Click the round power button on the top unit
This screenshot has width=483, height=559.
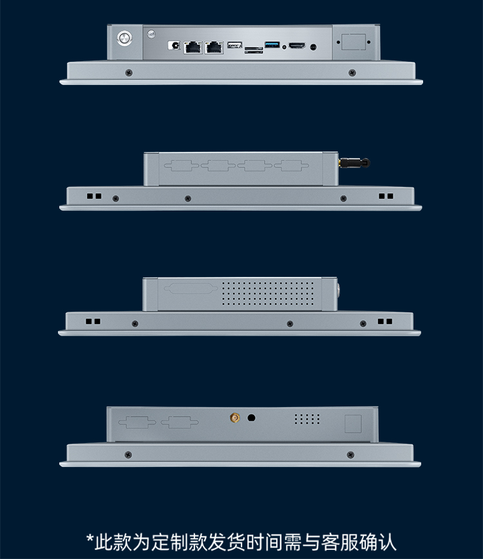point(124,38)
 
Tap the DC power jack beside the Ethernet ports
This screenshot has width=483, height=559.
point(175,45)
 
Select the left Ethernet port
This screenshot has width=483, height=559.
point(193,47)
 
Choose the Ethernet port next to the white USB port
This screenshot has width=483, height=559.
point(214,47)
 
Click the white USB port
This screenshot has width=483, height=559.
point(234,45)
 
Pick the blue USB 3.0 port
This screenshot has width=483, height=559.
point(272,44)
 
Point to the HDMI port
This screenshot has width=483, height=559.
point(297,45)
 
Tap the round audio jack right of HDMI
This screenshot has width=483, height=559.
point(313,47)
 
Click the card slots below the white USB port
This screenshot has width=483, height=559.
point(254,50)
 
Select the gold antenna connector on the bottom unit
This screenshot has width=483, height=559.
point(234,417)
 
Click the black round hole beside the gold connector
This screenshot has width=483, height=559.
point(251,417)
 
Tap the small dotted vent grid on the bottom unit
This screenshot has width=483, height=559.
point(307,419)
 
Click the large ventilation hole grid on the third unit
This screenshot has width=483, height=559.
point(268,294)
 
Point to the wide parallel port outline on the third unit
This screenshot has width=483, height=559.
point(191,289)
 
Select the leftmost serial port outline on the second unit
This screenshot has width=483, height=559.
point(182,166)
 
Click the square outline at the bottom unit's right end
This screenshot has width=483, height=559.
point(353,424)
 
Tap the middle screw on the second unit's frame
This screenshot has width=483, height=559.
point(188,198)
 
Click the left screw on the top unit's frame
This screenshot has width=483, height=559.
point(129,73)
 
